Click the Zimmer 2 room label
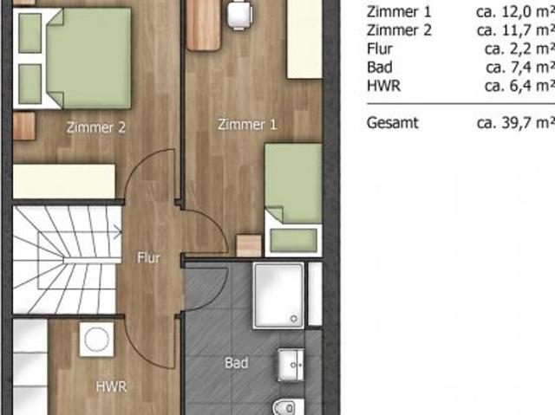tap(96, 127)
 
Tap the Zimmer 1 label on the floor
tap(247, 125)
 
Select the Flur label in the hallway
tap(148, 257)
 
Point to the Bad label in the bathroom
tap(237, 363)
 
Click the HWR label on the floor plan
tap(111, 386)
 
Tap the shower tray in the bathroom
tap(278, 295)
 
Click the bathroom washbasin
tap(291, 365)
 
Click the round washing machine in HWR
tap(96, 340)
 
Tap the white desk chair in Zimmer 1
tap(239, 15)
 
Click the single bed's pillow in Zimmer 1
tap(293, 240)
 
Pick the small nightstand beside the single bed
tap(249, 246)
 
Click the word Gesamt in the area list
tap(393, 123)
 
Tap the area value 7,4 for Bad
tap(519, 68)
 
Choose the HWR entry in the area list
tap(383, 86)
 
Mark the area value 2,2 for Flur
tap(520, 49)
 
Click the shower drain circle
tap(294, 319)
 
